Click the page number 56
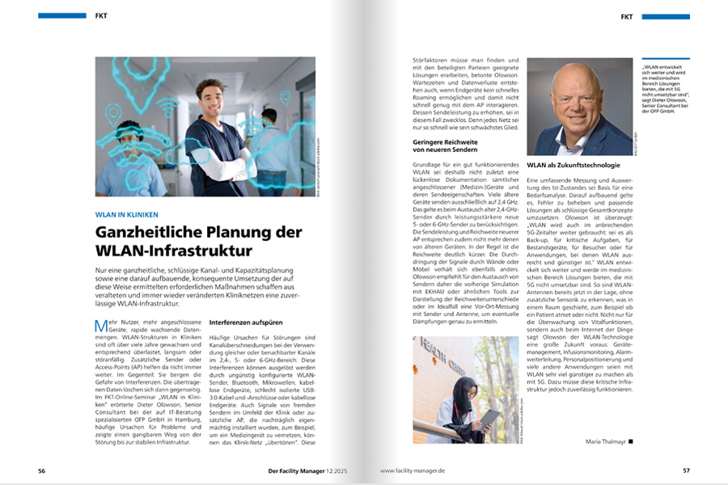coord(41,470)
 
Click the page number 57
coord(685,470)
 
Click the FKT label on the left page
coord(100,15)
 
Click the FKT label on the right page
coord(627,16)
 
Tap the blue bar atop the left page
coord(61,15)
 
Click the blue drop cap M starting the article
coord(100,326)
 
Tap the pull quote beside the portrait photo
coord(663,88)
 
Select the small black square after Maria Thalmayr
coord(631,441)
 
